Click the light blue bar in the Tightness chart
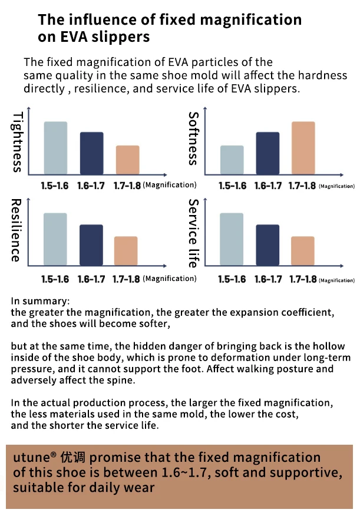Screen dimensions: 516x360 (55, 147)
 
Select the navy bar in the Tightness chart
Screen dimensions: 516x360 (91, 153)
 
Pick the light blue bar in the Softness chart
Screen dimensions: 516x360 (232, 160)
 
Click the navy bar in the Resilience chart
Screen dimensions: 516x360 (91, 244)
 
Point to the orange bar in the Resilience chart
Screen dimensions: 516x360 (125, 250)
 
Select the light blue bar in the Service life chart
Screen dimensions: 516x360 (232, 239)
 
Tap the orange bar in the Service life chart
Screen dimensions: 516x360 (303, 250)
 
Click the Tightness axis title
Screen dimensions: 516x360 (18, 142)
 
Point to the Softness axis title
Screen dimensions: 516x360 (194, 138)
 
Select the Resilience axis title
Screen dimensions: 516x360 (16, 230)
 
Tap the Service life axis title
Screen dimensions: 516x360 (193, 233)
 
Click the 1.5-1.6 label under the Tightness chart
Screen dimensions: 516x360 (55, 186)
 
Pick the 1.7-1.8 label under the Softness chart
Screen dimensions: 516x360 (303, 186)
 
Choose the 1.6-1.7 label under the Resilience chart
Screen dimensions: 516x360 (91, 279)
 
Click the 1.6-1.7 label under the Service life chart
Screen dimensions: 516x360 (267, 279)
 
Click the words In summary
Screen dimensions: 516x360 (40, 301)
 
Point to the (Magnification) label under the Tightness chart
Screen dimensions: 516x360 (170, 186)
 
